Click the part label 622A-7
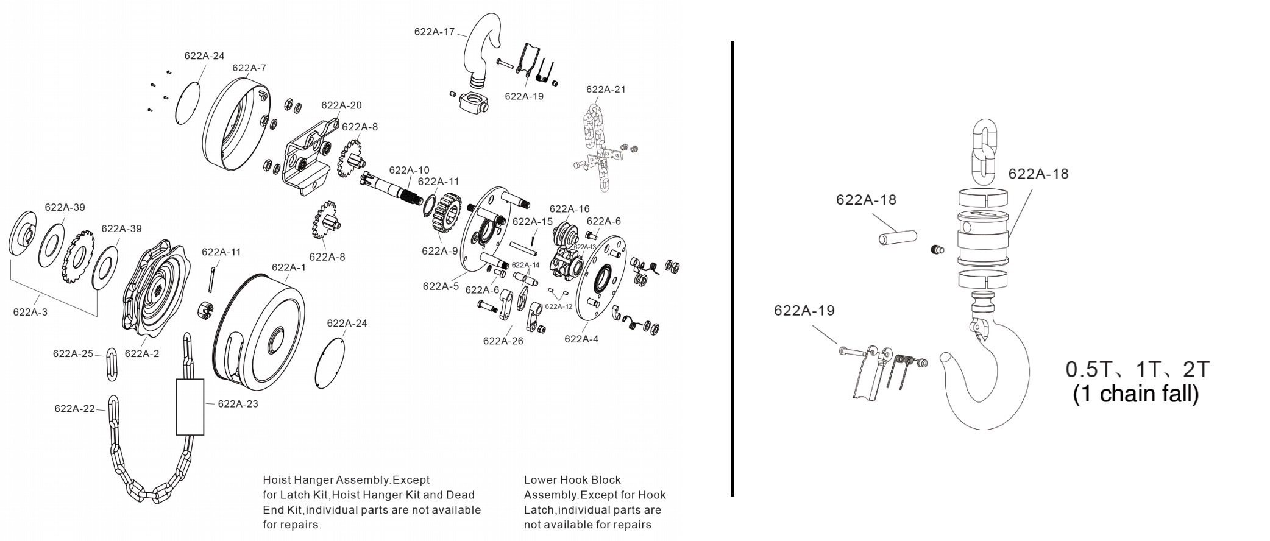pos(249,68)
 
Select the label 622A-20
pos(341,105)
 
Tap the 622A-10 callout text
pos(409,170)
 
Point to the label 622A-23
pos(238,403)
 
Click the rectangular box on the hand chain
pos(190,407)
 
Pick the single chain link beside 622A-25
pos(112,365)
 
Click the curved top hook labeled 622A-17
pos(481,52)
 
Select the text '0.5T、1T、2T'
pos(1137,369)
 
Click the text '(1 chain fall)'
pos(1136,394)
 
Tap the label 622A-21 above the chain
pos(606,89)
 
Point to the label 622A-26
pos(503,341)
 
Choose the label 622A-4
pos(581,339)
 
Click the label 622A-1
pos(289,267)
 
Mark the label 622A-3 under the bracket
pos(30,312)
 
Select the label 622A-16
pos(569,209)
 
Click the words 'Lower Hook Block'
pos(572,480)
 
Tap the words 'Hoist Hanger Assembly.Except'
pos(346,480)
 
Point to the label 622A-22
pos(74,408)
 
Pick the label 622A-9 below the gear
pos(439,250)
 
